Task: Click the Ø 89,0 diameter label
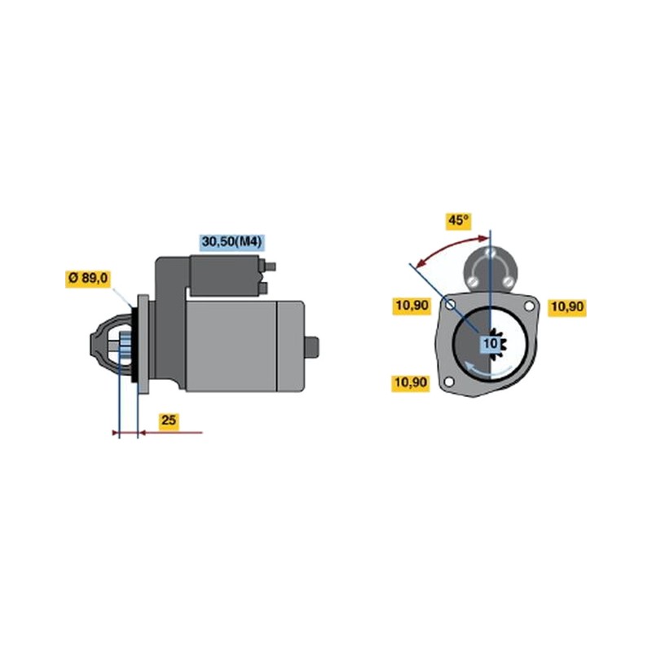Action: [88, 278]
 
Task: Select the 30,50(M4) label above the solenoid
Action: [232, 241]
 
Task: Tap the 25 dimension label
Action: [169, 420]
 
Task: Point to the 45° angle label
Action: [458, 220]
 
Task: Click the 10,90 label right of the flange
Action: [566, 307]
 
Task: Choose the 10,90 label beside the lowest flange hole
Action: [411, 382]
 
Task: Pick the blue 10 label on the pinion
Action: [490, 343]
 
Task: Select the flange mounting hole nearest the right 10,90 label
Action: [529, 306]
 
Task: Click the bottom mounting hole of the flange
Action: [449, 381]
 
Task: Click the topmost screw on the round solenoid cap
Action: [491, 253]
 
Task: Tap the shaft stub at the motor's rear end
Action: [311, 346]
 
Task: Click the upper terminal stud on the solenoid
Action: [270, 267]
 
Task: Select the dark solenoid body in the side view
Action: [225, 275]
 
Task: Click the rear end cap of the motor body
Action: [290, 346]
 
